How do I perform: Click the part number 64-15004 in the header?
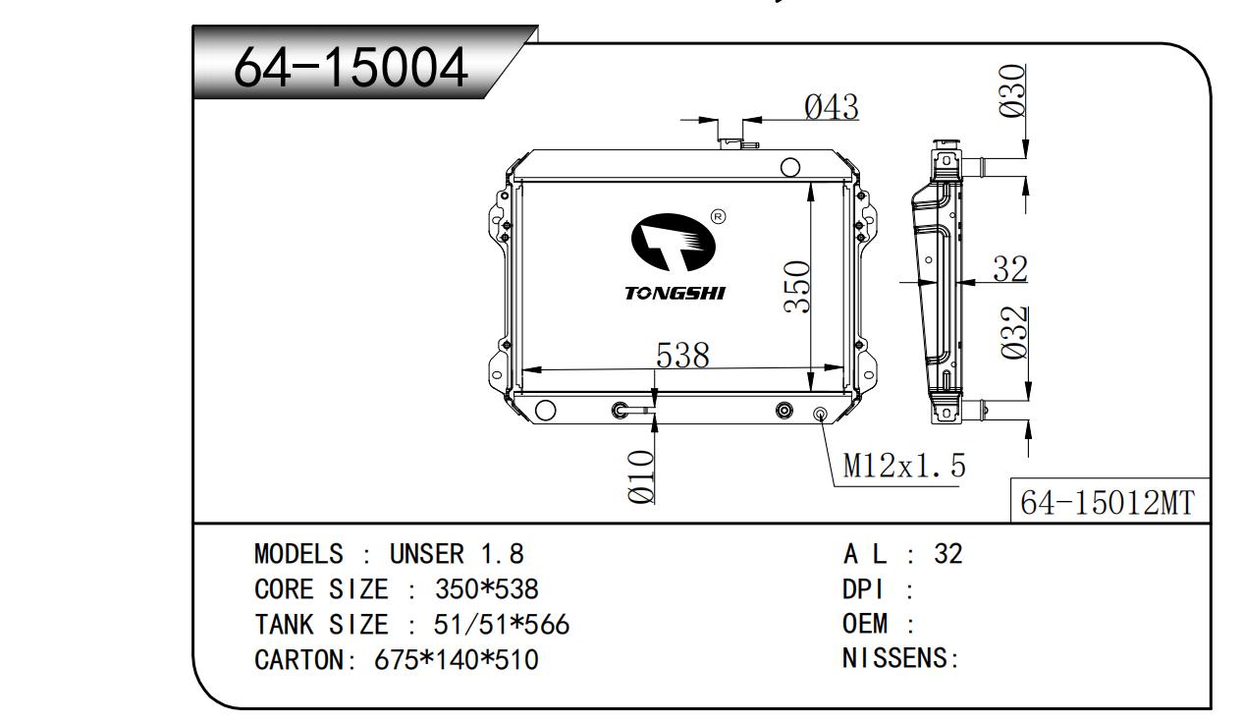click(351, 68)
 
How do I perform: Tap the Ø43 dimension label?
click(832, 107)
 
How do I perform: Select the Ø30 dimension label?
click(1011, 90)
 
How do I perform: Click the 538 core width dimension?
click(682, 356)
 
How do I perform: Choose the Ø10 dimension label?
click(641, 476)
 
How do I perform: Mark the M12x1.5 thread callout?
click(904, 466)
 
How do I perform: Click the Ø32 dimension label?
click(1015, 332)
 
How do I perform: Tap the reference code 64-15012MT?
click(1108, 502)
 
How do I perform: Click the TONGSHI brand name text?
click(675, 293)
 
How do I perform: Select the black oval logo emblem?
click(674, 242)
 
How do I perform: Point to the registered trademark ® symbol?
click(718, 216)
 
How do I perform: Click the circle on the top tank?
click(789, 167)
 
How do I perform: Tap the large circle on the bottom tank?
click(545, 410)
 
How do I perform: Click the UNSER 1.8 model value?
click(457, 554)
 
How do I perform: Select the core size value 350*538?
click(487, 589)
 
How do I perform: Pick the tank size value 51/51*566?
click(501, 625)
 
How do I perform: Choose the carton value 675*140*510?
click(457, 660)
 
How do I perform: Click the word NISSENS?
click(896, 658)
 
